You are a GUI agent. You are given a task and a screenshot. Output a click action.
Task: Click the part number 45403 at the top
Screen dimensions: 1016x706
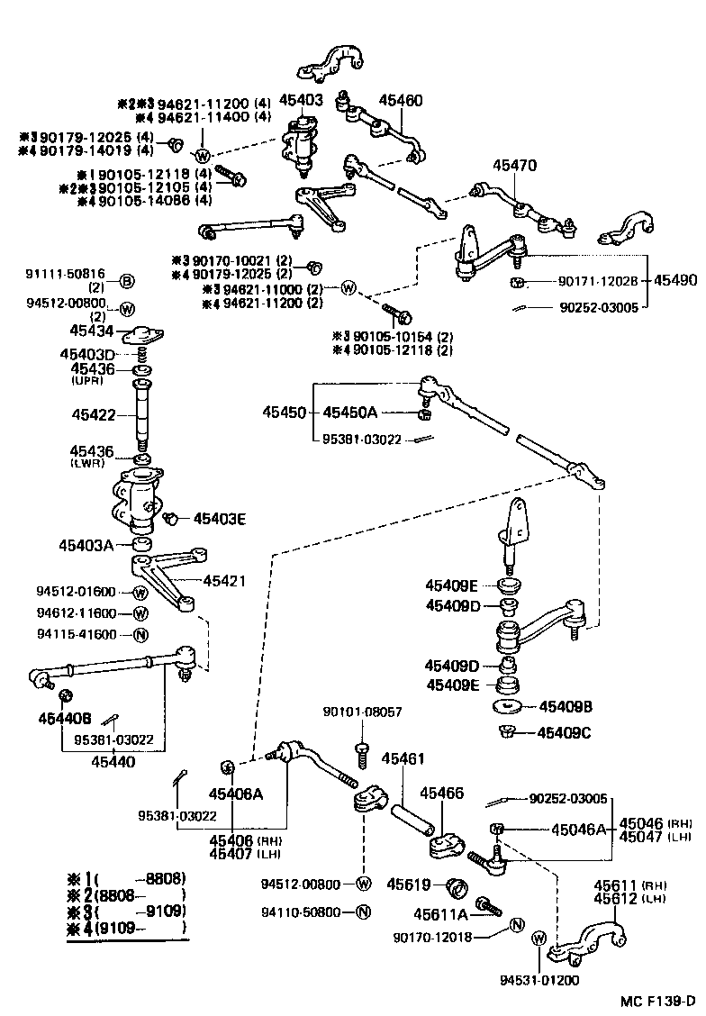[301, 101]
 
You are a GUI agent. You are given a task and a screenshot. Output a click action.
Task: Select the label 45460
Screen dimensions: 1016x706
[400, 101]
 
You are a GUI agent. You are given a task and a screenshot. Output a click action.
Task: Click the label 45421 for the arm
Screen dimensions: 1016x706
[224, 581]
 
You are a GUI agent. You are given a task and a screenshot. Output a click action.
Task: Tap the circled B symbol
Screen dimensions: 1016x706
[127, 280]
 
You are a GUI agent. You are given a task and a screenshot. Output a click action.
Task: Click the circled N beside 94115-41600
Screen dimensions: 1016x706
[140, 634]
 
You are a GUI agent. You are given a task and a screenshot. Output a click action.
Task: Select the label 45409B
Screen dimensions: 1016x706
[565, 707]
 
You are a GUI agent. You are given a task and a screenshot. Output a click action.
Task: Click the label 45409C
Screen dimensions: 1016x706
[565, 732]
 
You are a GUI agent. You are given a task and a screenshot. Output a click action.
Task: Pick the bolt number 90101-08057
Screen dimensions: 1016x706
[362, 712]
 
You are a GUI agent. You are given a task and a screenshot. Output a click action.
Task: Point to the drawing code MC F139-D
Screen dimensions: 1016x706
[657, 1001]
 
